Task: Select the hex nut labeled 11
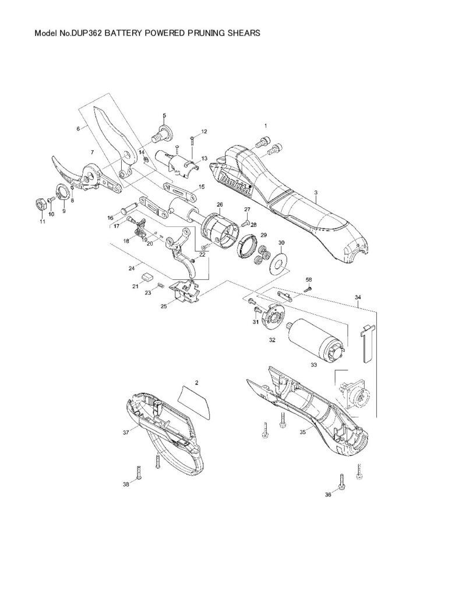click(x=40, y=204)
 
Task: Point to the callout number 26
click(x=220, y=204)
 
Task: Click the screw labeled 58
click(x=309, y=288)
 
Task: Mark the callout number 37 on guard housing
click(x=125, y=432)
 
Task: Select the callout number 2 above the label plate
click(x=197, y=382)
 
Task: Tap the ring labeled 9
click(x=60, y=193)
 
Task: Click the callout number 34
click(x=357, y=297)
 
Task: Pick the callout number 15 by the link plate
click(x=202, y=187)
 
